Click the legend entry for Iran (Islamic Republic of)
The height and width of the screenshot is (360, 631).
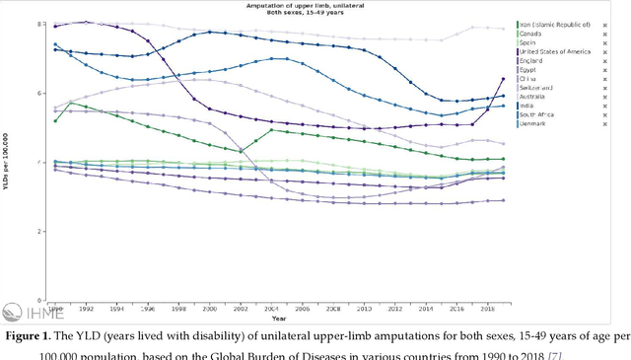[555, 24]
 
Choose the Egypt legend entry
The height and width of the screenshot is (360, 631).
[532, 70]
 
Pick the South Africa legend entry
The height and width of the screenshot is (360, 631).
[540, 114]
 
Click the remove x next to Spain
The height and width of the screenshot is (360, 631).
[617, 42]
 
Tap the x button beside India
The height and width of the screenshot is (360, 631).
[617, 106]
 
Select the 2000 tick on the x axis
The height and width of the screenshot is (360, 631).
[195, 309]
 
